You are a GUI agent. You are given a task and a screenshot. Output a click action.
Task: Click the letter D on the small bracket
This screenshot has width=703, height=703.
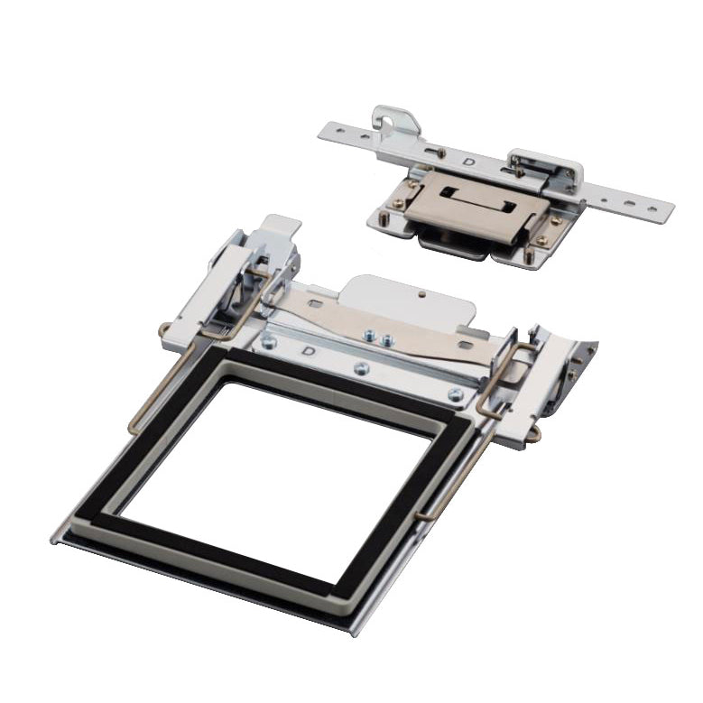(468, 162)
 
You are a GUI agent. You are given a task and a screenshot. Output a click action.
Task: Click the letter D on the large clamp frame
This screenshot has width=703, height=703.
(309, 351)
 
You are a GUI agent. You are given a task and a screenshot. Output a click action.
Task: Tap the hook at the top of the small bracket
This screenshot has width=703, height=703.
(391, 118)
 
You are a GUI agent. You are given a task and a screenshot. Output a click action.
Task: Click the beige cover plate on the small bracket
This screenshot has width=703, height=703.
(476, 205)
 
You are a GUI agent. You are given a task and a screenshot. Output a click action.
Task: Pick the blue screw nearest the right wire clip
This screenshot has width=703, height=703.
(455, 394)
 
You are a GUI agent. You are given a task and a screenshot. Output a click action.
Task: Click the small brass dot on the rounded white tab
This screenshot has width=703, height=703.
(421, 294)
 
